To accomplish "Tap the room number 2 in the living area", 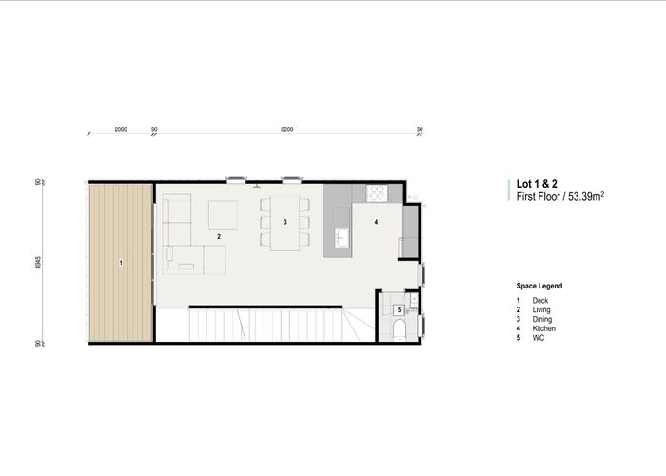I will [219, 235].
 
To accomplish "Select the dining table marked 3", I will [285, 222].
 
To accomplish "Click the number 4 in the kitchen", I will [376, 222].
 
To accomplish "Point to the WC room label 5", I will [399, 310].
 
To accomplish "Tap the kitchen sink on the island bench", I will [343, 234].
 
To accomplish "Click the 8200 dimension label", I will [286, 128].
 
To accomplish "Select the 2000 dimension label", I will [121, 128].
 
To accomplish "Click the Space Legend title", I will [539, 286].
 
